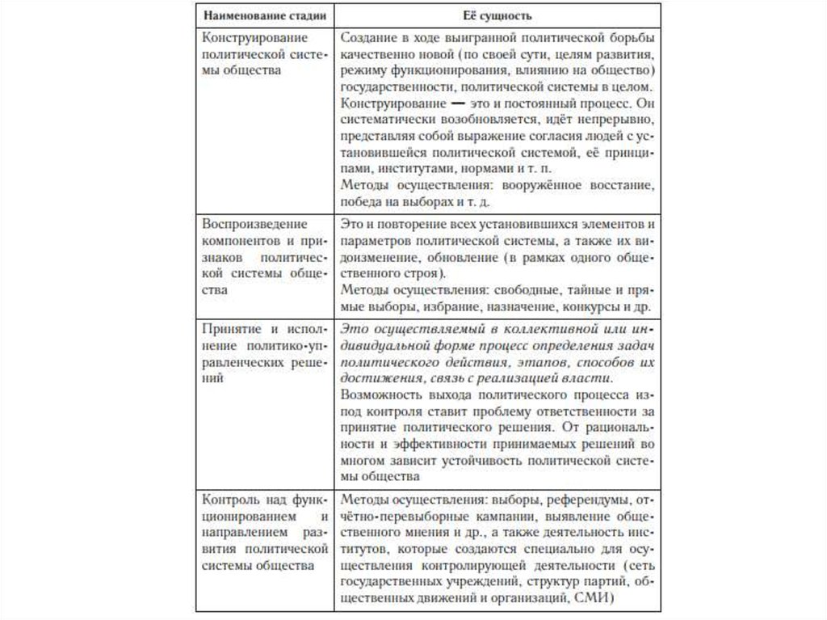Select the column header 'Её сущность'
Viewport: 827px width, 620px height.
point(497,15)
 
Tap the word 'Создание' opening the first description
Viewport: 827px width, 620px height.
point(367,38)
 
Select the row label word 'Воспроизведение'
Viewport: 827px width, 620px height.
point(243,222)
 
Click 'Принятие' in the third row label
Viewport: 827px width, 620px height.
point(229,329)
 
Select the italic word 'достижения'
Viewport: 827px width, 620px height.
point(376,378)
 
